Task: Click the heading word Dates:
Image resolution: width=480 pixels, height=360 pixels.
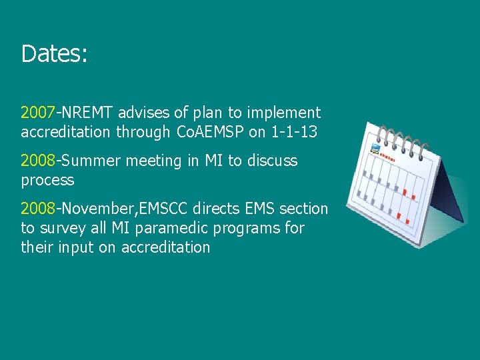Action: point(54,53)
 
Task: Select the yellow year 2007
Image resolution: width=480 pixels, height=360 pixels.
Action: point(38,113)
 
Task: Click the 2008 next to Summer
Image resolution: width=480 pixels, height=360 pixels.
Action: point(38,161)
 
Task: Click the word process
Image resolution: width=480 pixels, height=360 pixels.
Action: point(47,180)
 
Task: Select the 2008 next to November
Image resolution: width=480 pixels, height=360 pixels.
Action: point(38,209)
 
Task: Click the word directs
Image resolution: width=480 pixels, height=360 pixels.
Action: point(217,209)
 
